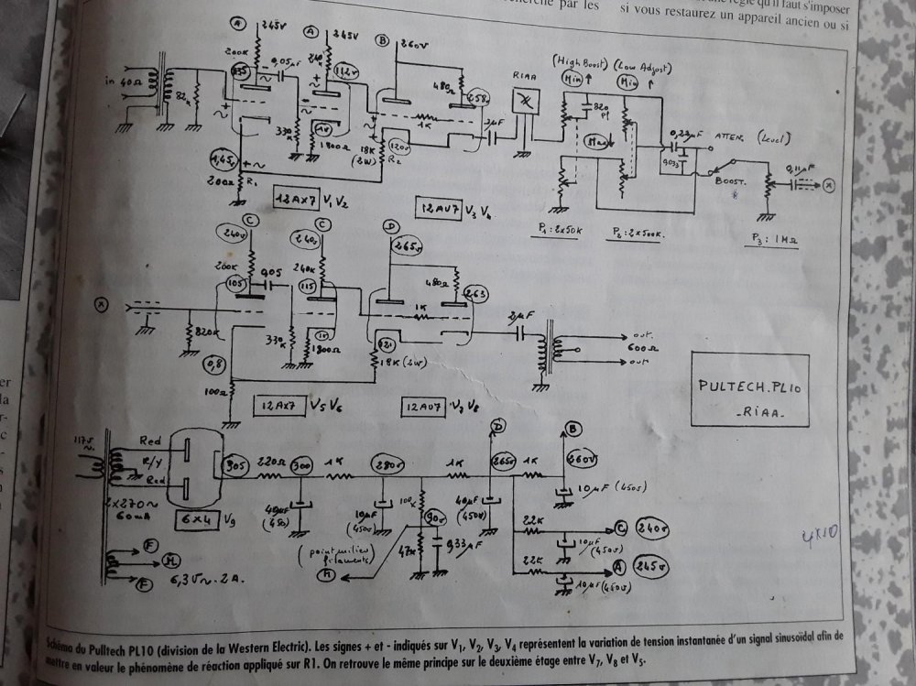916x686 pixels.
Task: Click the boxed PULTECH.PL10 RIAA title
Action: tap(750, 390)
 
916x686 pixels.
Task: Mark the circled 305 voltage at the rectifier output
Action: tap(232, 463)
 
